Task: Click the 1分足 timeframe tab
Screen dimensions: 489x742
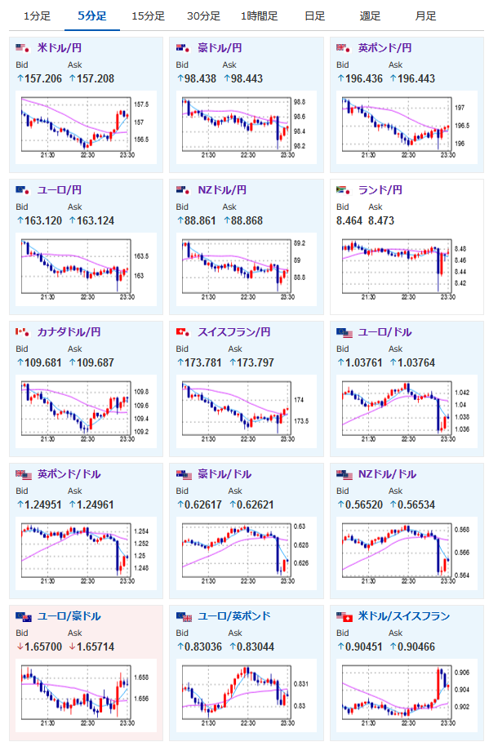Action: (37, 16)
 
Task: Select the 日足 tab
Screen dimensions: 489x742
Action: (315, 16)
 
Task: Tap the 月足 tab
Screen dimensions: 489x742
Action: (425, 16)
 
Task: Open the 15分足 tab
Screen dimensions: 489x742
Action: (148, 16)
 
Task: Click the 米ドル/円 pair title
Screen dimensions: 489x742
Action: (59, 48)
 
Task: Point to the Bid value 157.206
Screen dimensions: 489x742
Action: (43, 78)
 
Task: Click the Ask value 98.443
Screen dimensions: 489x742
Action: (243, 78)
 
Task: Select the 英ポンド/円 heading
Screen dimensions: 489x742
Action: (385, 48)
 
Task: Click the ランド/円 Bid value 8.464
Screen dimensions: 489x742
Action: (349, 220)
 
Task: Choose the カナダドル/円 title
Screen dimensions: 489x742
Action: (69, 331)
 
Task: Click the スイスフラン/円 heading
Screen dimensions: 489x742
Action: (233, 331)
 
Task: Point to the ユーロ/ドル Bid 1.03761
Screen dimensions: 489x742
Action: (363, 362)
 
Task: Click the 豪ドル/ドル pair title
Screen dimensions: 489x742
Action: (224, 473)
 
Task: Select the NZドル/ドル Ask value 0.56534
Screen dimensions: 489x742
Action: (416, 504)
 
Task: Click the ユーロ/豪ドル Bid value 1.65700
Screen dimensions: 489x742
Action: (43, 646)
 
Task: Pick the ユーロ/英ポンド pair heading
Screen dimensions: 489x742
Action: (233, 615)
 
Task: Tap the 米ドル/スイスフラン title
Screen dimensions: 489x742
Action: (404, 615)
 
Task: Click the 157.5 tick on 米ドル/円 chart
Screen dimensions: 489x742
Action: (141, 104)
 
